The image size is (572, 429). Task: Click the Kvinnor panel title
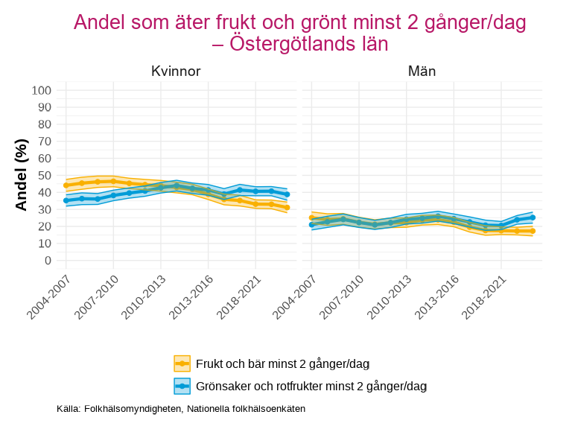coord(176,72)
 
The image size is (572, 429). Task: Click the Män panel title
coord(422,72)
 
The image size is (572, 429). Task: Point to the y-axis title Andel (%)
coord(22,175)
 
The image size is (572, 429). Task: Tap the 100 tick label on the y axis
coord(41,91)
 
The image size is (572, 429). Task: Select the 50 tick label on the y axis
coord(44,176)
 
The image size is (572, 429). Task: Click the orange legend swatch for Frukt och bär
coord(182,363)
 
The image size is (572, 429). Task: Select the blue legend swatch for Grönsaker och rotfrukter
coord(182,386)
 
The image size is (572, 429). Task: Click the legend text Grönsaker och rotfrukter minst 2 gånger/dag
coord(311,386)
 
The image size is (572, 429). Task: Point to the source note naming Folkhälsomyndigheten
coord(181,409)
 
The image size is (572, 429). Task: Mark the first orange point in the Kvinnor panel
coord(66,185)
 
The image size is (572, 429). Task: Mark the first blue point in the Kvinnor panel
coord(66,200)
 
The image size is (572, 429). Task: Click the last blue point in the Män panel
coord(533,217)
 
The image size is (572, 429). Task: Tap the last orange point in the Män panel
coord(533,231)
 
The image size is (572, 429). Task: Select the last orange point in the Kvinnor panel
coord(287,208)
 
